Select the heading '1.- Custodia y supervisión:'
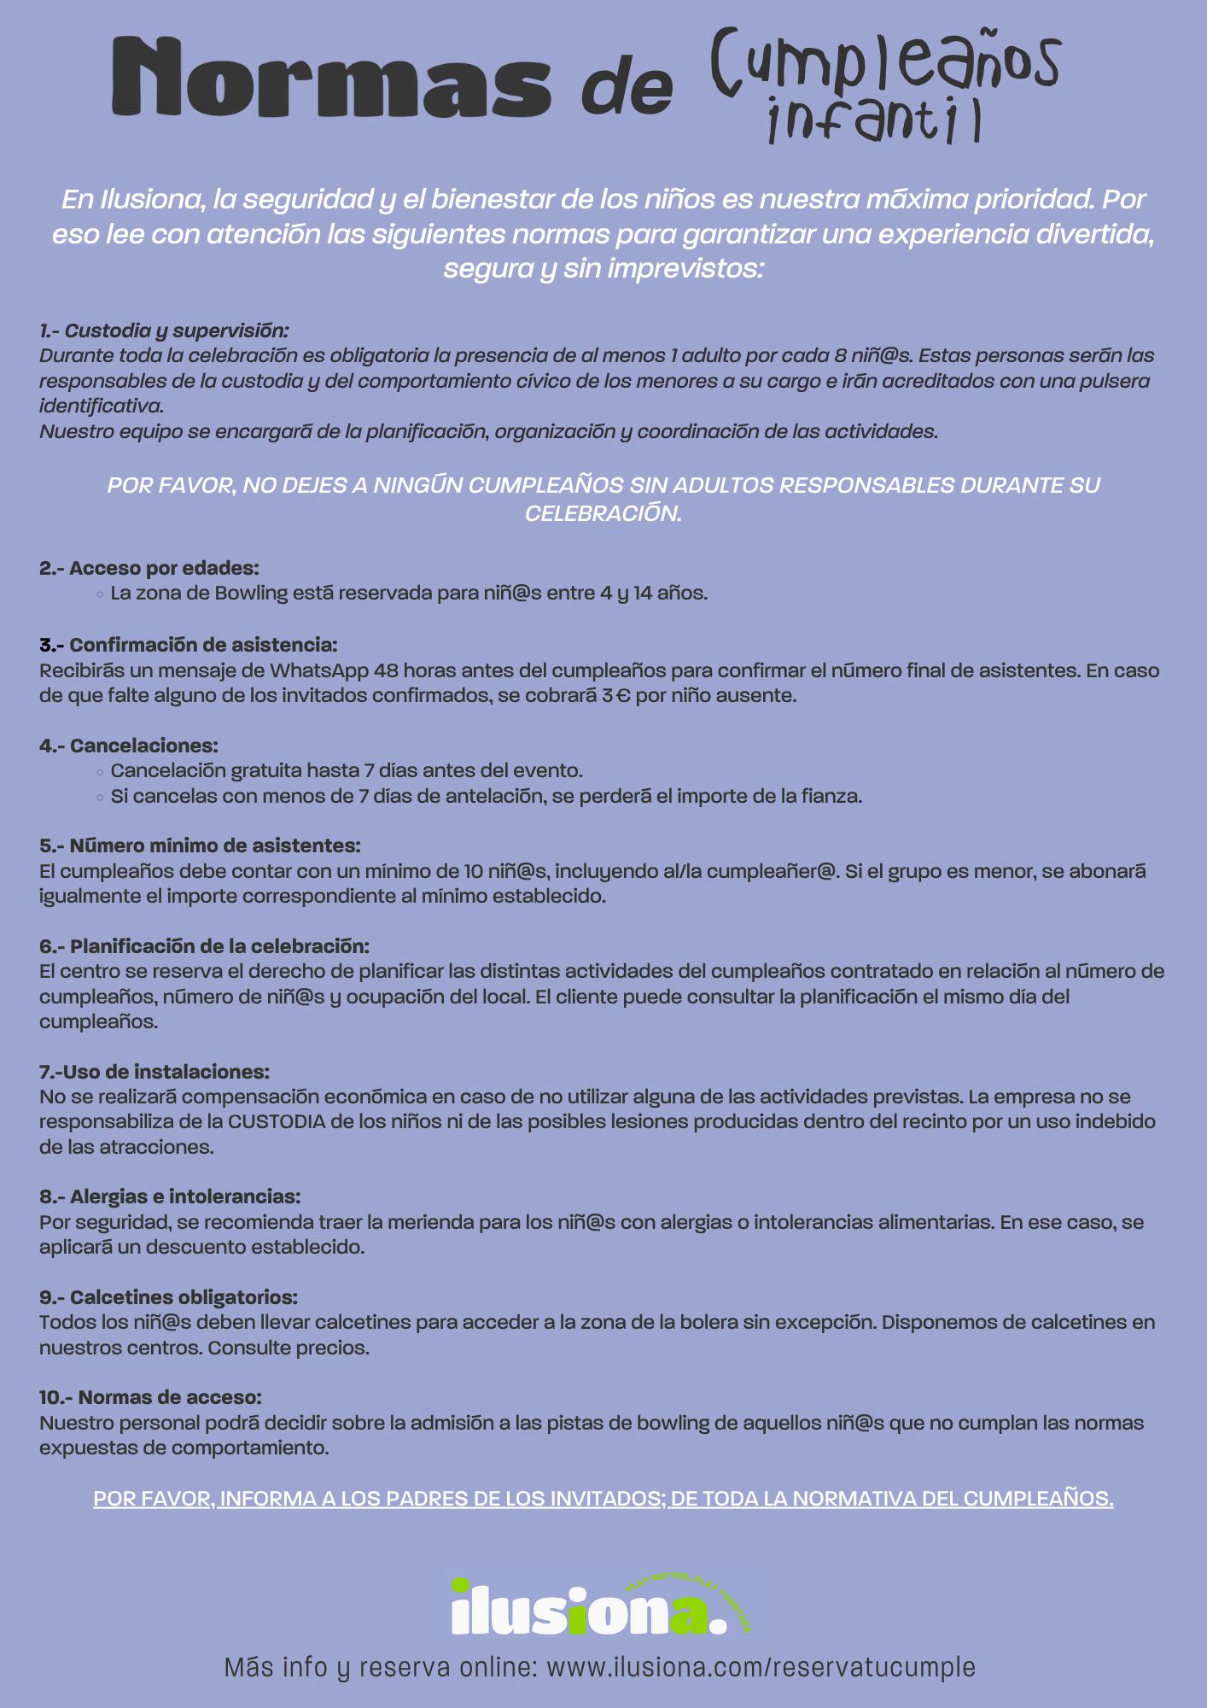click(165, 330)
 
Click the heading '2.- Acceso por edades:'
click(149, 568)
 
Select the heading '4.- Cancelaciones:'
click(129, 746)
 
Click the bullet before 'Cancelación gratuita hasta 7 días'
click(101, 772)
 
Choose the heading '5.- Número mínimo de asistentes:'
click(200, 845)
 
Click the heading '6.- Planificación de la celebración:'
click(204, 946)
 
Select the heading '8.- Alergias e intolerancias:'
click(170, 1196)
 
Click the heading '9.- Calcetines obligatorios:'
click(168, 1297)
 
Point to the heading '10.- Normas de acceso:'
click(150, 1398)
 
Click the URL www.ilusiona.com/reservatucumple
click(760, 1667)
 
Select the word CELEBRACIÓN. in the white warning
click(603, 513)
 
